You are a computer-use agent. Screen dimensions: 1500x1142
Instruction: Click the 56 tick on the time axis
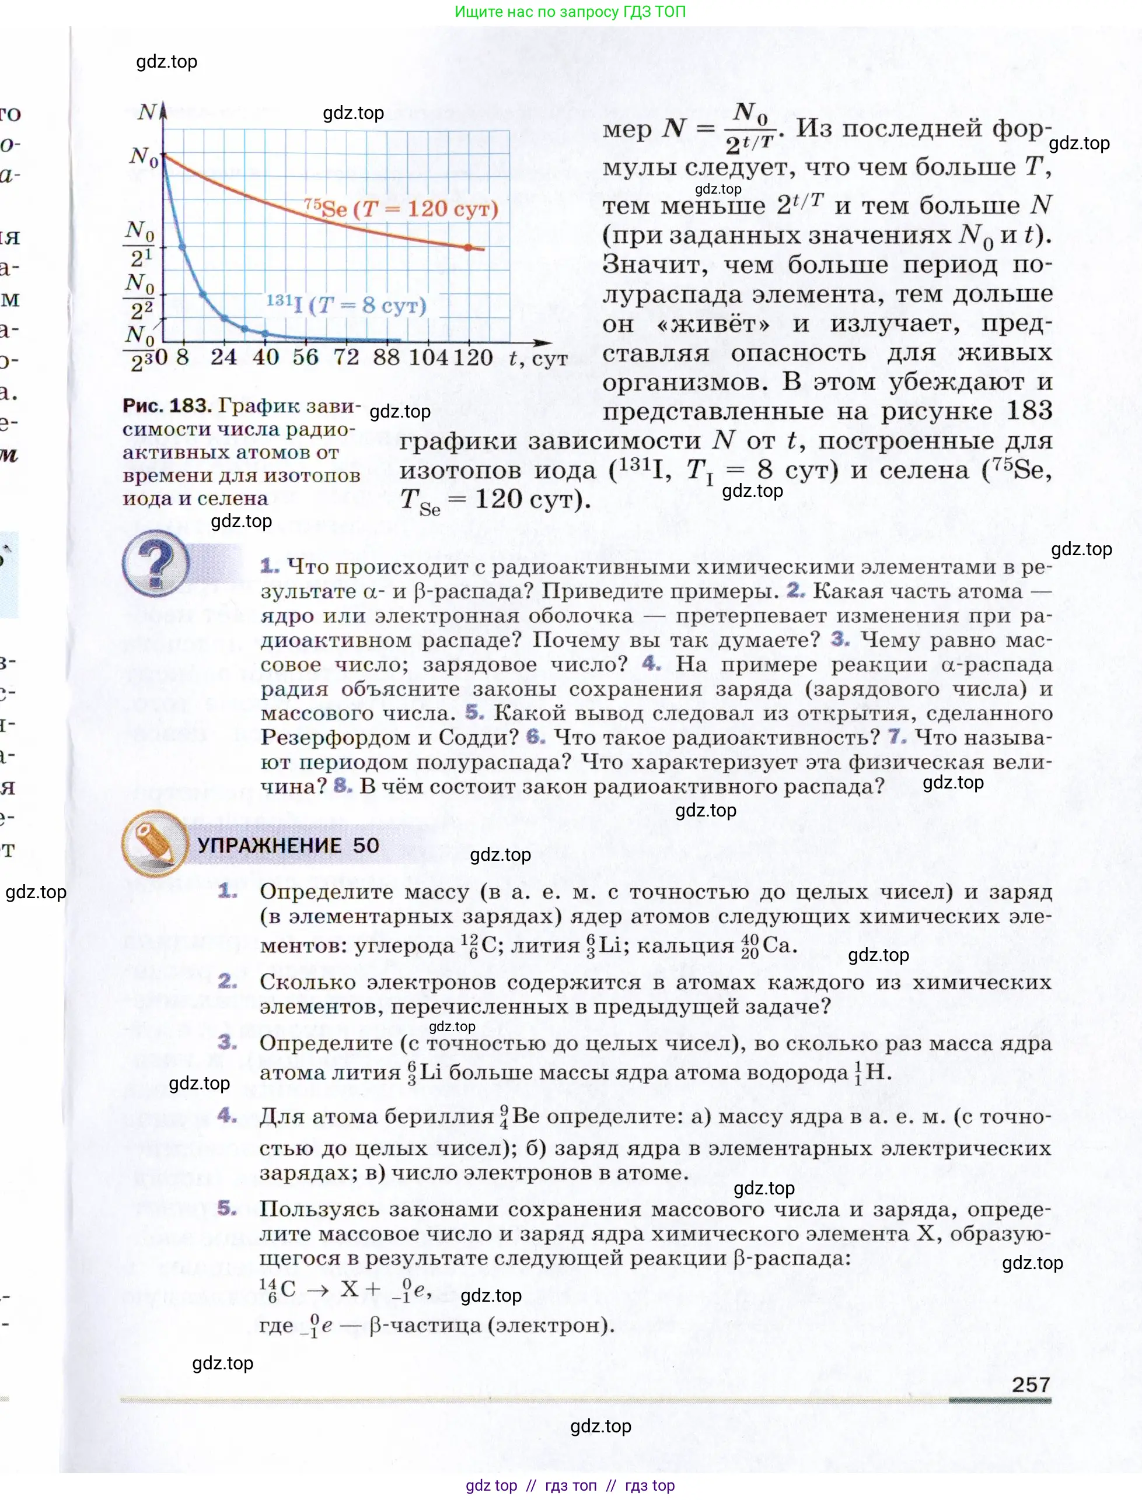305,358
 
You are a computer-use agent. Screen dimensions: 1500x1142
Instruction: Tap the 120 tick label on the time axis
473,358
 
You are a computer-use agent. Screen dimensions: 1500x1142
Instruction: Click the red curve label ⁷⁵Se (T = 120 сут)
401,209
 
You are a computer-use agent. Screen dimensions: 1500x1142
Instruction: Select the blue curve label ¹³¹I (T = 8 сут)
346,304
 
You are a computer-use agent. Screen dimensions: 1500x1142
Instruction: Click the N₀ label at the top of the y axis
144,157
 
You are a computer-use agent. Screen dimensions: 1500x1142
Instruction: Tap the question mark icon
156,564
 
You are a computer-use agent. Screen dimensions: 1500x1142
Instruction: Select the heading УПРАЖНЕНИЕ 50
288,845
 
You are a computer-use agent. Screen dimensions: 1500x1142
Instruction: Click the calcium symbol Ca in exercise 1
777,945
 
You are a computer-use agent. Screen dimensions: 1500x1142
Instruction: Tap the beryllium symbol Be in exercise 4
526,1116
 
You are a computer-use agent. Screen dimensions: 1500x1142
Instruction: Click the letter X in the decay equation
350,1289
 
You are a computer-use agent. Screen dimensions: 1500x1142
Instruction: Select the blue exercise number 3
227,1042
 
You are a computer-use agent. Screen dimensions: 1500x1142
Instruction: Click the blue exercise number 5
227,1208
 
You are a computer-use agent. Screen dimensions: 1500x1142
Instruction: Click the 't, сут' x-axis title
539,358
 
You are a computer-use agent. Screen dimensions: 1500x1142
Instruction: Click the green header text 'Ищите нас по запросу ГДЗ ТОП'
570,12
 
